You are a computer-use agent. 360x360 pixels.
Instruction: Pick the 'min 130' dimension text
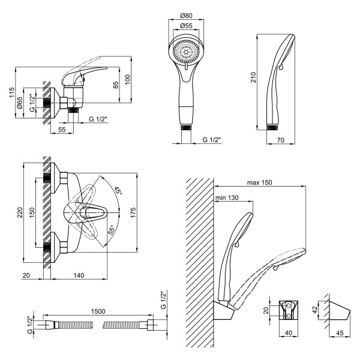coord(227,197)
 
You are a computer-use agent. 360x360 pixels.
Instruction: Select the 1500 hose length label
coord(98,311)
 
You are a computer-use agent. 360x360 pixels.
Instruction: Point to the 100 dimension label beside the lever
coord(127,80)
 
